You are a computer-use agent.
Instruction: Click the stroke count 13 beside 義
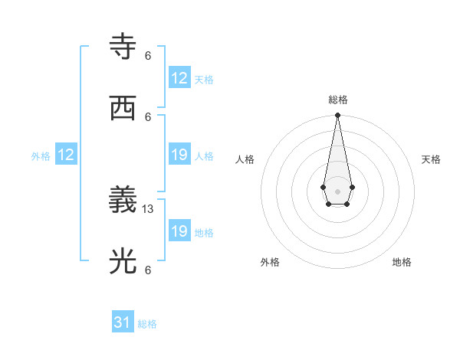coord(149,209)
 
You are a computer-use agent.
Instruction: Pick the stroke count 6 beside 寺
coord(148,55)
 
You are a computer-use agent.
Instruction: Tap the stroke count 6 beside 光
coord(148,270)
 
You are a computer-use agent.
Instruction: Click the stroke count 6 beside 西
coord(148,116)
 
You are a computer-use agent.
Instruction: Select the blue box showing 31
coord(123,322)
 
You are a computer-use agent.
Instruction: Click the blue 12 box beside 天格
coord(179,78)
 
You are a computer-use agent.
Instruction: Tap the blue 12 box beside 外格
coord(66,155)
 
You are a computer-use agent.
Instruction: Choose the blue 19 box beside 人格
coord(179,155)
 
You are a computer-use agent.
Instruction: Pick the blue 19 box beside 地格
coord(179,231)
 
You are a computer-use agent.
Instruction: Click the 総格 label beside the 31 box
coord(147,324)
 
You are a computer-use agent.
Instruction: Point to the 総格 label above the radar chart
coord(337,100)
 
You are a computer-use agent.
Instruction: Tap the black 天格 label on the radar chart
coord(431,159)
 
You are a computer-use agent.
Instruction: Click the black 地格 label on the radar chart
coord(402,262)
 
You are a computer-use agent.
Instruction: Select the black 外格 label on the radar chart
coord(270,262)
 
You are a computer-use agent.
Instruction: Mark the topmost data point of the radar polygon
coord(337,115)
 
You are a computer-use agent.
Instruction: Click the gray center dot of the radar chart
coord(337,190)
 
